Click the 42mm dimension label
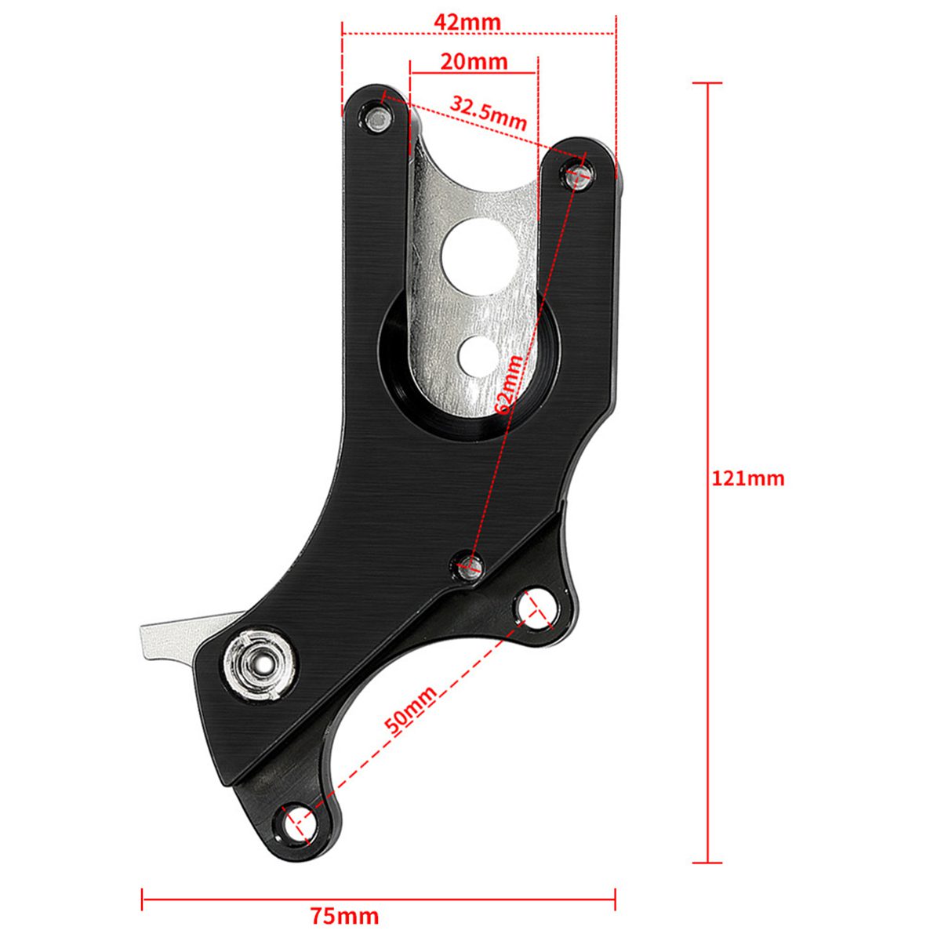point(467,22)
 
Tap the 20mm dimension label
point(474,61)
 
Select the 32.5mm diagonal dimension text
point(488,112)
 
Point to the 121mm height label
point(747,478)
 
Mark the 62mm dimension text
point(509,383)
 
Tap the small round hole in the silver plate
point(478,354)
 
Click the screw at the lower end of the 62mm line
point(470,563)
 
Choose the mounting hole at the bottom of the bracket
point(300,823)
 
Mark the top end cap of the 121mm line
point(708,82)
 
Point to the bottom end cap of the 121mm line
point(708,863)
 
